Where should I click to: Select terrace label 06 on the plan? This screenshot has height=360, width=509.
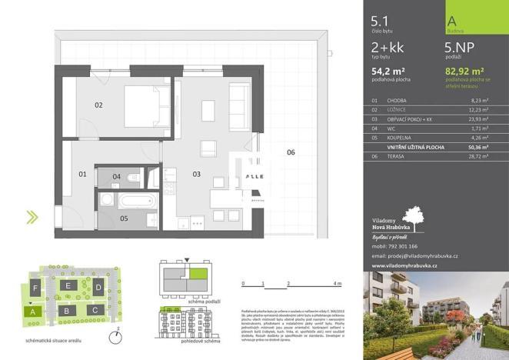(x=291, y=152)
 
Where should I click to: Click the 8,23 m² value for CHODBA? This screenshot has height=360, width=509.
(x=479, y=100)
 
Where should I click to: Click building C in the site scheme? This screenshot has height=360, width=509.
(x=95, y=309)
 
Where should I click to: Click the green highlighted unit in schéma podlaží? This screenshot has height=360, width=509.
(x=199, y=273)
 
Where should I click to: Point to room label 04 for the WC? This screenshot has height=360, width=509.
(x=116, y=177)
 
